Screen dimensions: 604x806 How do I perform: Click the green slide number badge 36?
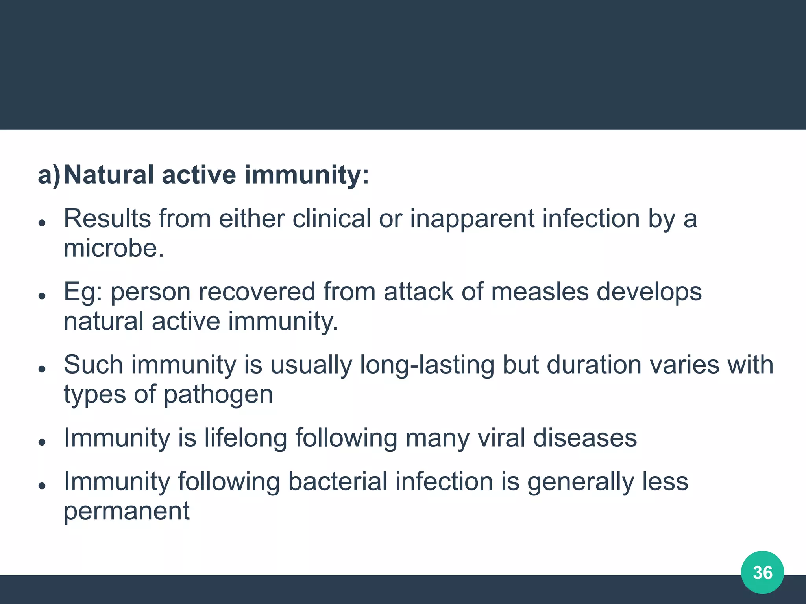tap(762, 573)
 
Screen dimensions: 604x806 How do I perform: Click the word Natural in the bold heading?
tap(109, 175)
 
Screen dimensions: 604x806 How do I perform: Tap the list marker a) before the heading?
tap(49, 175)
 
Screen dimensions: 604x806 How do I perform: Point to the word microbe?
tap(114, 249)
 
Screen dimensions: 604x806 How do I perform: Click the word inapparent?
tap(472, 219)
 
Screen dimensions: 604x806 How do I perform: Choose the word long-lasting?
tap(427, 365)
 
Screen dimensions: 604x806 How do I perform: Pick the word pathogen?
tap(218, 395)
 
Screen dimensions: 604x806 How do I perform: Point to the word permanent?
tap(127, 511)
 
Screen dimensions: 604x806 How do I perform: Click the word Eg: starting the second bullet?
tap(83, 293)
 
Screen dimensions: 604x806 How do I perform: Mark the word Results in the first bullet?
tap(107, 219)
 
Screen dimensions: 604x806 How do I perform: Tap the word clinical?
tap(331, 219)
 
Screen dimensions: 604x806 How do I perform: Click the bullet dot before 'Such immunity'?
tap(43, 369)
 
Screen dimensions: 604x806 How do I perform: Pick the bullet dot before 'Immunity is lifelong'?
tap(43, 442)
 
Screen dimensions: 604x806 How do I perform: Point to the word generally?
tap(581, 482)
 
